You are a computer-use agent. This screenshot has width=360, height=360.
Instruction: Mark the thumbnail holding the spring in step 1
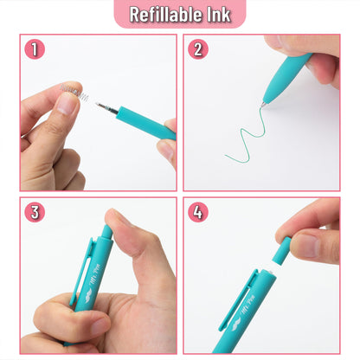65,105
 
